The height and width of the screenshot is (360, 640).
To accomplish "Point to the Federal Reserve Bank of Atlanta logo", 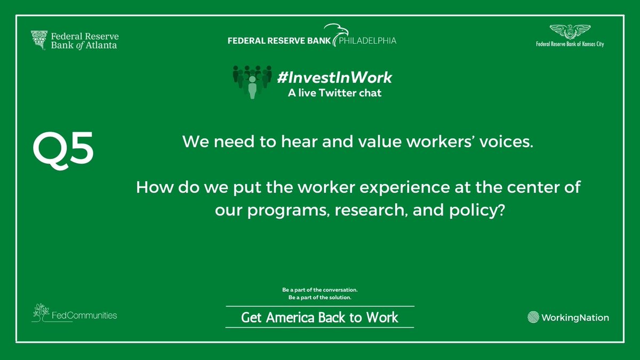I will [75, 41].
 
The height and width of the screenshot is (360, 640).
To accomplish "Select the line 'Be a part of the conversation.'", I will [319, 290].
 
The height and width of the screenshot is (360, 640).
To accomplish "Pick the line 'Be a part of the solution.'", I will [319, 297].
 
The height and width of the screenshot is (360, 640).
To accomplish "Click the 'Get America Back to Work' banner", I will [319, 317].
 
